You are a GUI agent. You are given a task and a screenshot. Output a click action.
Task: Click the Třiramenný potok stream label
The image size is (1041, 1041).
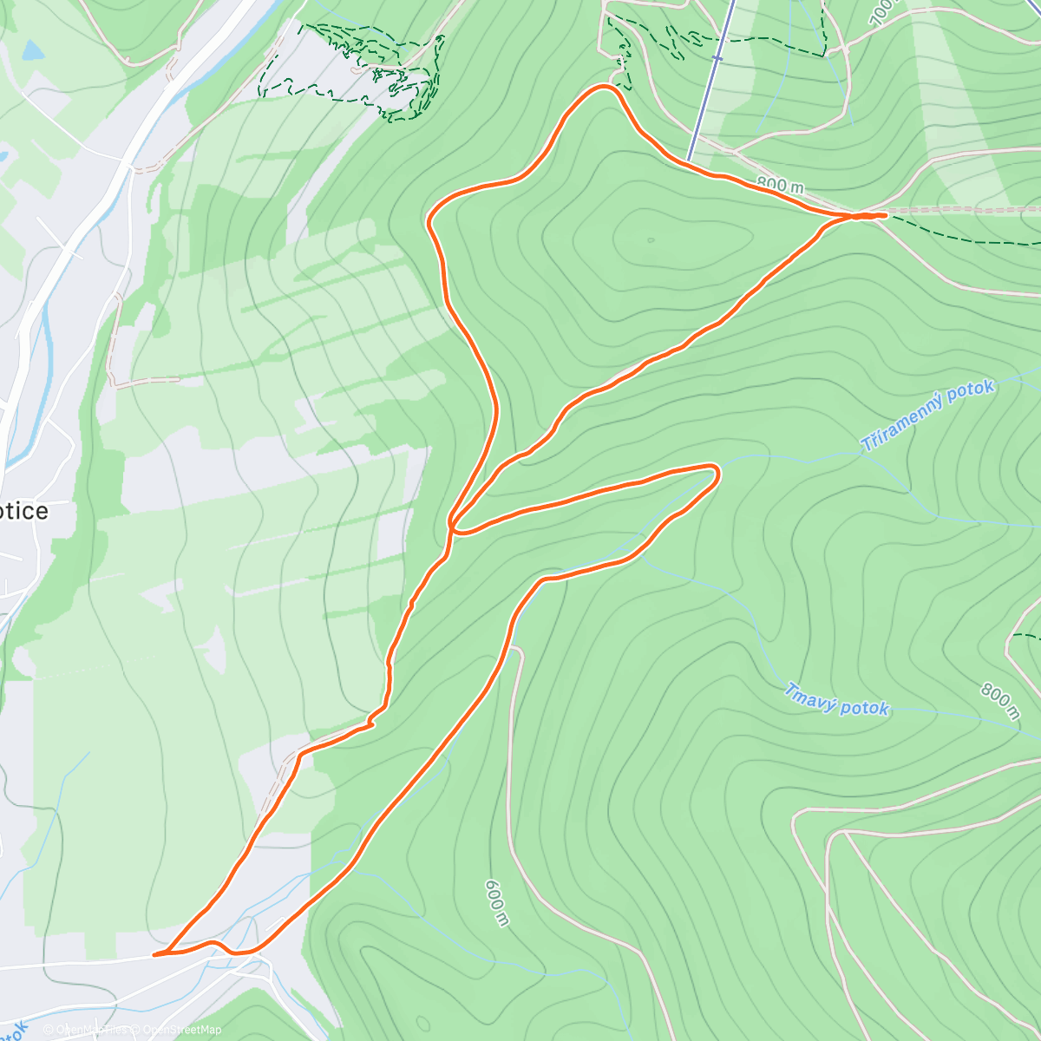926,416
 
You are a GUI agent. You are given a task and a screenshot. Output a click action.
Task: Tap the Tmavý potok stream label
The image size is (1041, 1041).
836,700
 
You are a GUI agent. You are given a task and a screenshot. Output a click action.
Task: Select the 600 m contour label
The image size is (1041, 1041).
495,902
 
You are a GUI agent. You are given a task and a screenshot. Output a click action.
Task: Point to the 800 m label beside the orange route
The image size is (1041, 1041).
779,185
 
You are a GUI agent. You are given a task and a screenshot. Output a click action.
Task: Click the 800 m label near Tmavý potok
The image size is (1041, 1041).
999,701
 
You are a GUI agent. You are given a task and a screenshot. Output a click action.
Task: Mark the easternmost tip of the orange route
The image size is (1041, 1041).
885,214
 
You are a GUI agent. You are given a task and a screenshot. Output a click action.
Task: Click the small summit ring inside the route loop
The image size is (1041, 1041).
650,240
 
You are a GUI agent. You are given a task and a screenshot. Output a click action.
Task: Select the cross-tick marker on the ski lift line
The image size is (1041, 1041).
717,58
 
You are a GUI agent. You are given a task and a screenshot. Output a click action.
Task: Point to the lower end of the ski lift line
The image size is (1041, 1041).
688,160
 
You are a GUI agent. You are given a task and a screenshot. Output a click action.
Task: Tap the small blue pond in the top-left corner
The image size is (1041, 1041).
32,50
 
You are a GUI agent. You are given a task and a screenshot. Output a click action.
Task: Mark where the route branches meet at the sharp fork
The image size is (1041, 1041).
452,524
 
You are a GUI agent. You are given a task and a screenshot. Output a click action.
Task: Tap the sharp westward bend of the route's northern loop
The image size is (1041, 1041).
431,221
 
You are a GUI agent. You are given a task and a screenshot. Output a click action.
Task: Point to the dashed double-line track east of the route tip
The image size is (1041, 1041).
963,210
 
